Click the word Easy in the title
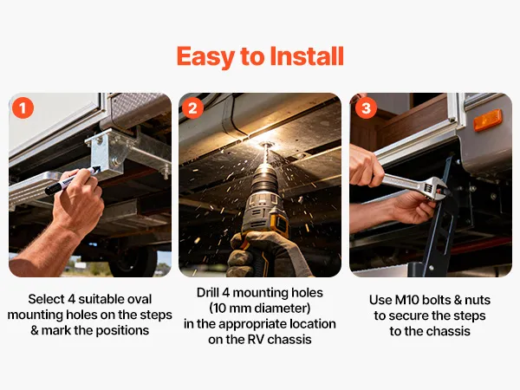(x=206, y=56)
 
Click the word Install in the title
(x=307, y=55)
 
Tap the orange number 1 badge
(x=23, y=107)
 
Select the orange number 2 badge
(x=192, y=107)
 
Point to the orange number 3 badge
(x=366, y=107)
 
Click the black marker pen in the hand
(x=72, y=180)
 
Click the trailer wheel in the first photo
(x=133, y=262)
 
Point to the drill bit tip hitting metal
(x=265, y=145)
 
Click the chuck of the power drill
(x=264, y=179)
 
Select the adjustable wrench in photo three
(x=414, y=186)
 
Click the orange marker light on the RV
(x=487, y=120)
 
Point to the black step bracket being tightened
(x=438, y=219)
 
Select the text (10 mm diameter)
(x=260, y=309)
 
